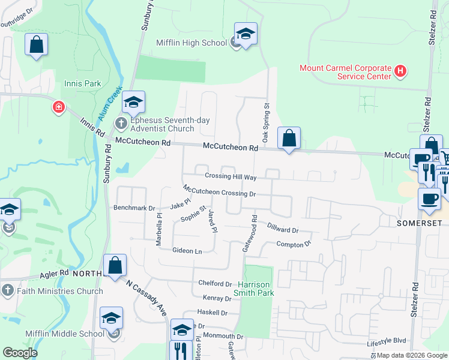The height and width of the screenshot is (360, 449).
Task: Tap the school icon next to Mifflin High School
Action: [246, 34]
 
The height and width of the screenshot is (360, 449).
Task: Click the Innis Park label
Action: [83, 83]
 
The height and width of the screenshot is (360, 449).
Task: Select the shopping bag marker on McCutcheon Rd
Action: [289, 138]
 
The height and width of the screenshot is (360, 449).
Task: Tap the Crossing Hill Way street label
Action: [231, 177]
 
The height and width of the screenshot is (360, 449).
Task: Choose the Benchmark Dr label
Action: [134, 208]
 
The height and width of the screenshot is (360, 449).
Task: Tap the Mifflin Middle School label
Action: [64, 334]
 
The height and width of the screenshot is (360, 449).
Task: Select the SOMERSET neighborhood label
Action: [419, 223]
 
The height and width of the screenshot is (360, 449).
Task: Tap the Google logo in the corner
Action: [20, 353]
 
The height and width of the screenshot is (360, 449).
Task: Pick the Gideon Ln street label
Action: [187, 250]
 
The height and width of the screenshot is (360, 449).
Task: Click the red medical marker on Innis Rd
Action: [58, 107]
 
